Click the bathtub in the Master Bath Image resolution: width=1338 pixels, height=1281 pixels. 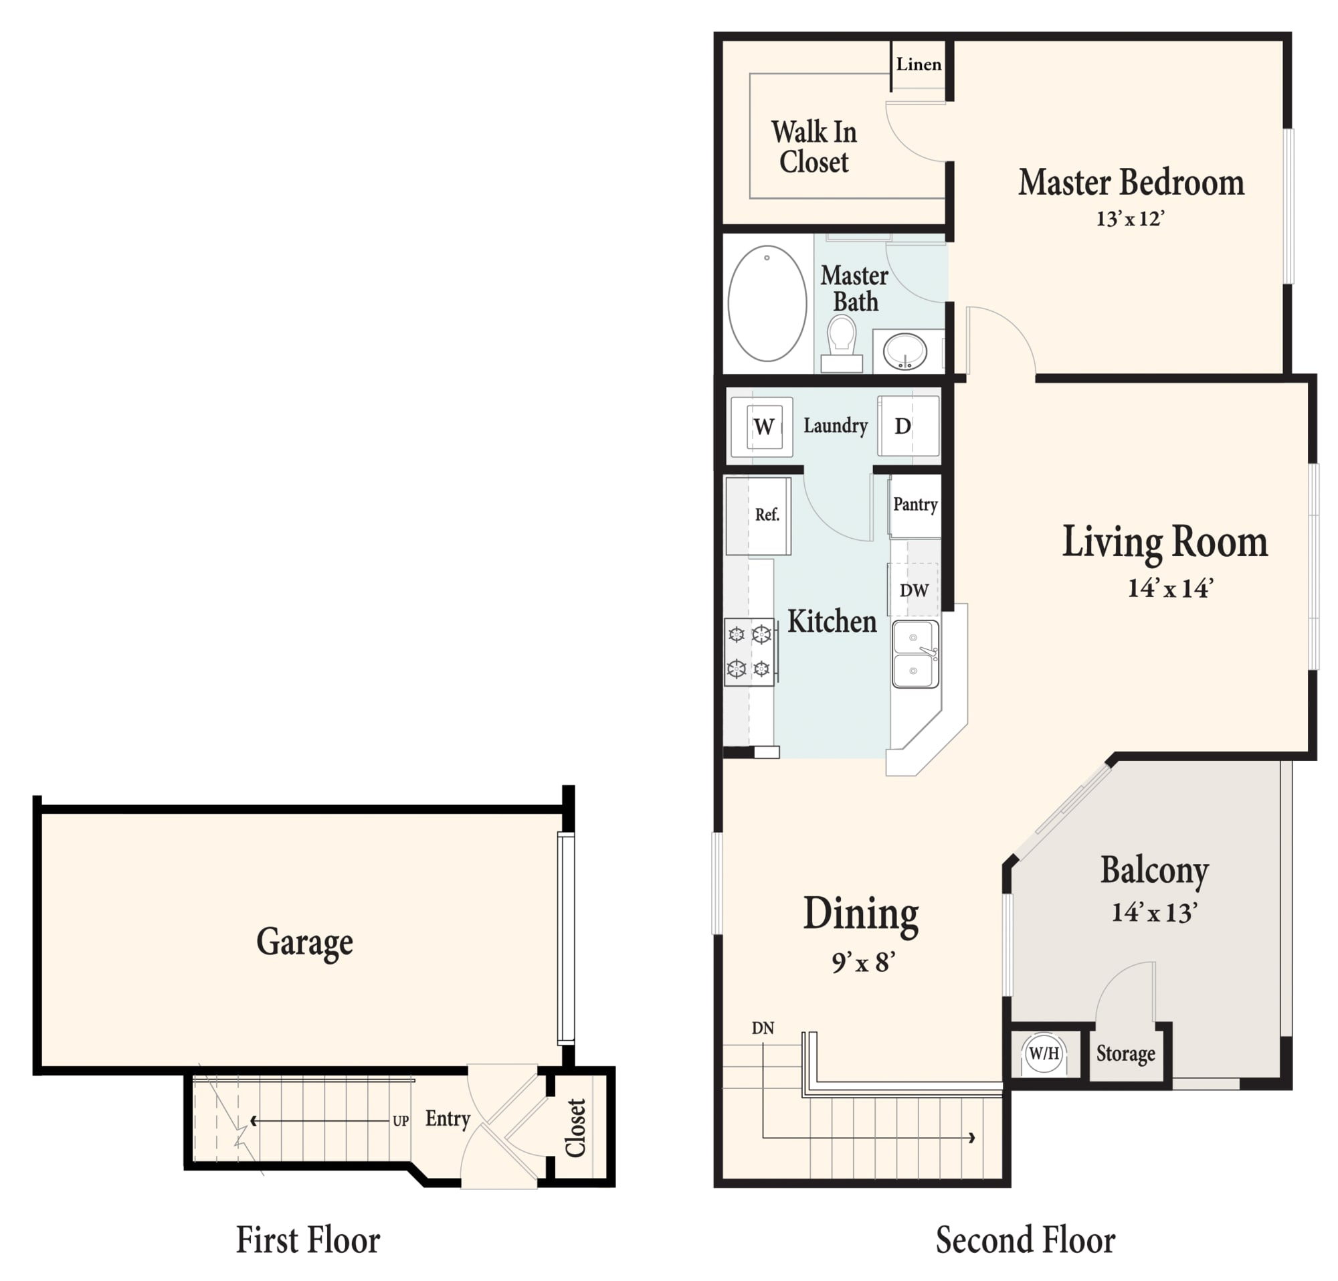[x=767, y=303]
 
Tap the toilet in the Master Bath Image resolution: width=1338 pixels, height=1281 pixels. [x=842, y=343]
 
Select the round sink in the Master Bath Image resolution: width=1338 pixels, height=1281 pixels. [x=904, y=351]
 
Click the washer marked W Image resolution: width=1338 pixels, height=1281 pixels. [x=762, y=427]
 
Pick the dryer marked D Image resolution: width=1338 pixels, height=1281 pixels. [x=908, y=427]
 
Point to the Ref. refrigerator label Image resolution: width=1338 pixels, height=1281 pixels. [x=767, y=515]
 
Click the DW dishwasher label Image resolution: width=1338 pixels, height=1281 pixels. [x=914, y=591]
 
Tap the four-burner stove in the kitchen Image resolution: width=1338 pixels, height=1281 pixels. [x=749, y=652]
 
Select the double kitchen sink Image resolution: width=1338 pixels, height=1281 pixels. [x=915, y=654]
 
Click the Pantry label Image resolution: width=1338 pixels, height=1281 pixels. [x=915, y=505]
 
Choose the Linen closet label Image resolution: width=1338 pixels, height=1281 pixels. [x=919, y=64]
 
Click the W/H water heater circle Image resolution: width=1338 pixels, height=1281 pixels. [x=1044, y=1053]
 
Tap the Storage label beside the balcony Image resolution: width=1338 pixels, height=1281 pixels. [x=1126, y=1053]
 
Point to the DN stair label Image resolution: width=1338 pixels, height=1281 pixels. [x=763, y=1029]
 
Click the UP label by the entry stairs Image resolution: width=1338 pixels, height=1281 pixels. [x=401, y=1121]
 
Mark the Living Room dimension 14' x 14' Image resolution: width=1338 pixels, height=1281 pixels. [x=1170, y=588]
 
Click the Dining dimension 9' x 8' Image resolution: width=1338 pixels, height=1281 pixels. [x=863, y=962]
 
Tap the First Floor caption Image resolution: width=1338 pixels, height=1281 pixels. [x=308, y=1240]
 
